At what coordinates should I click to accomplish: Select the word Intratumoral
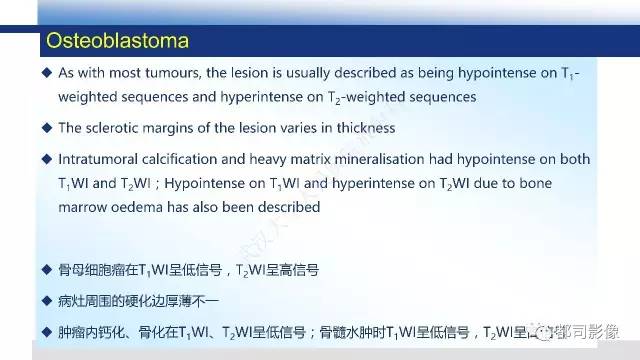pyautogui.click(x=104, y=160)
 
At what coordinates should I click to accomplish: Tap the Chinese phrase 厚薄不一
pyautogui.click(x=195, y=300)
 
